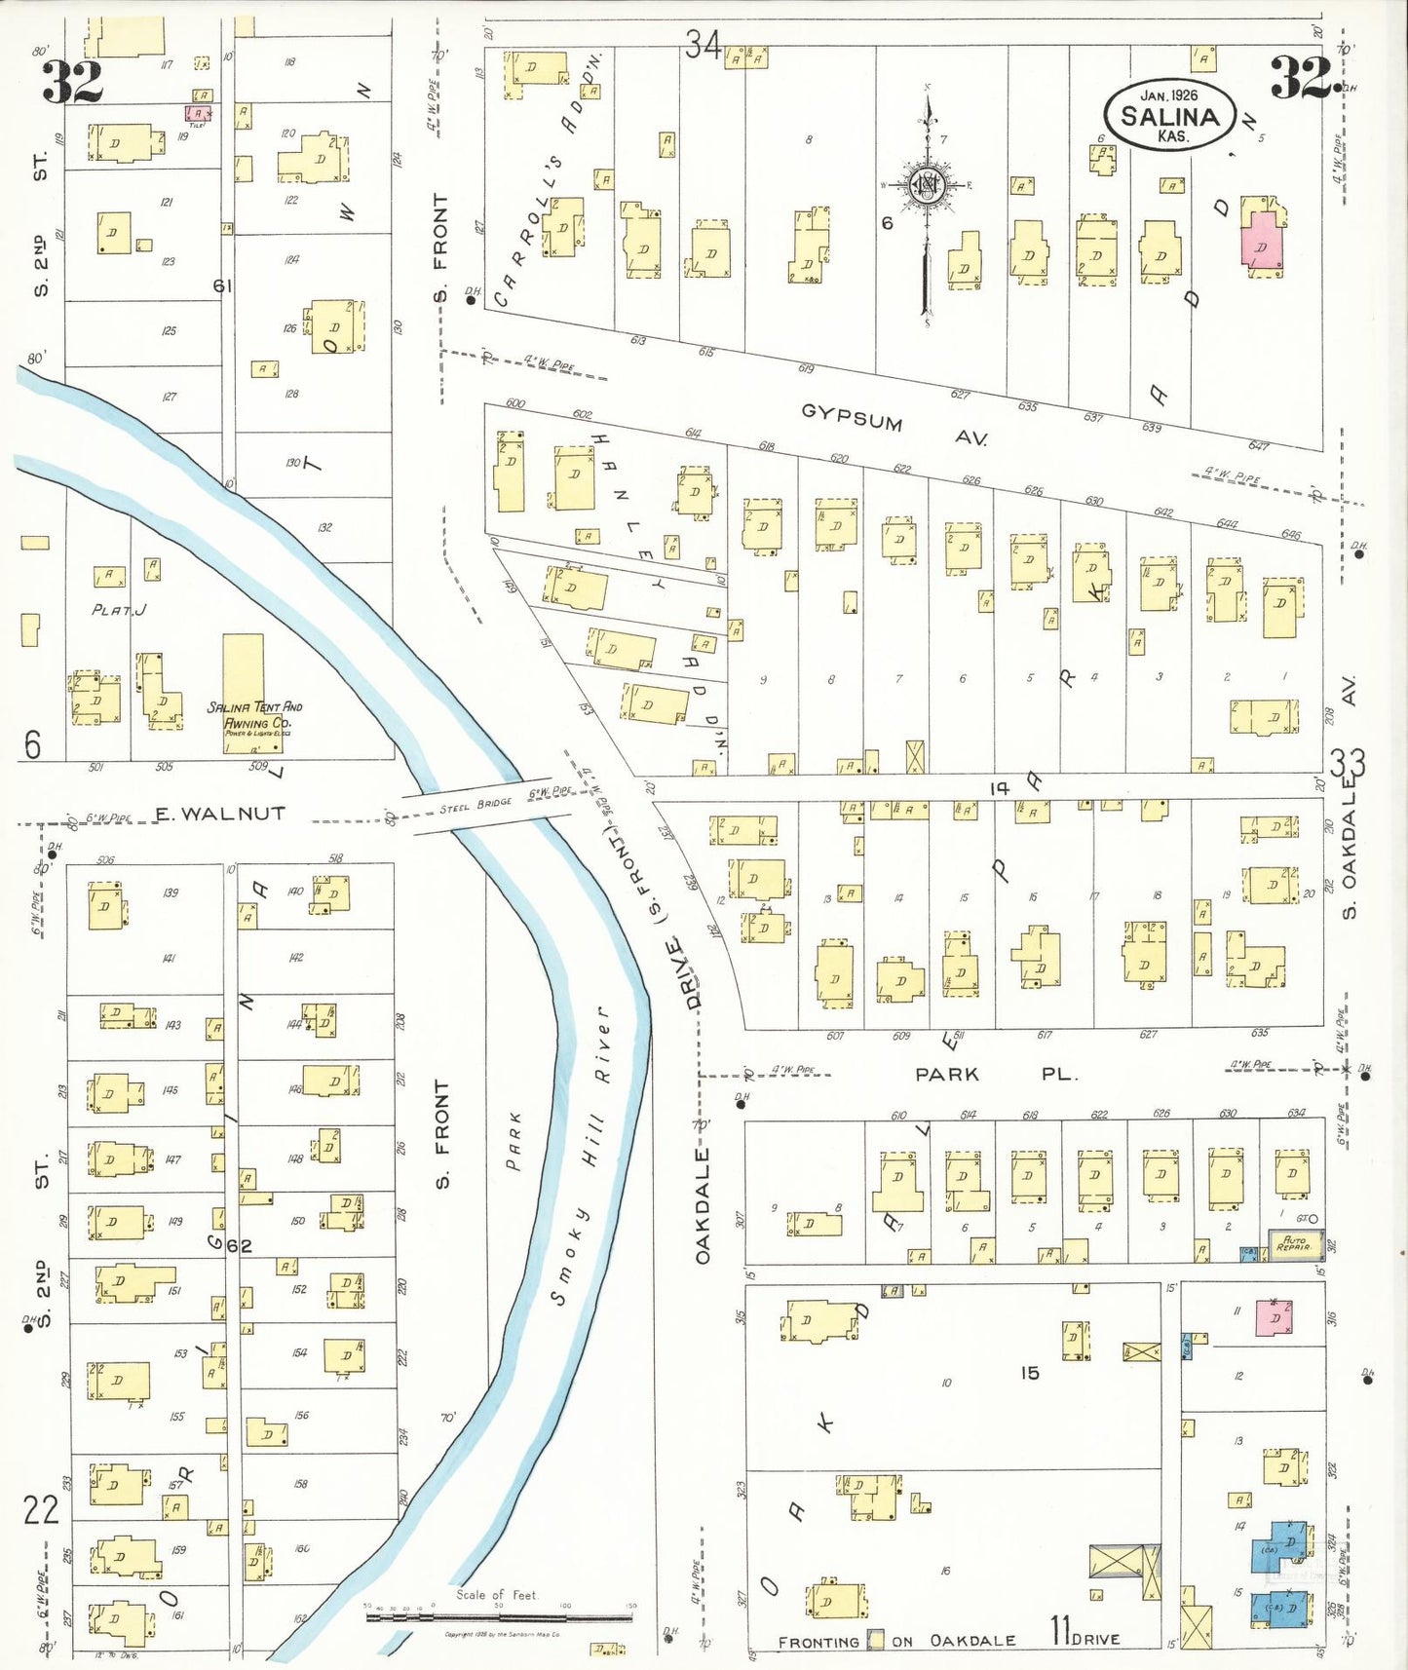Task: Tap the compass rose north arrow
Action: click(927, 185)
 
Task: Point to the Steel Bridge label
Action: click(476, 807)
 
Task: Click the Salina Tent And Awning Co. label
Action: click(254, 715)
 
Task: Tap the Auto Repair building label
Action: click(1295, 1244)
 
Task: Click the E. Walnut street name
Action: click(220, 814)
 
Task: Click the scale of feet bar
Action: click(499, 1617)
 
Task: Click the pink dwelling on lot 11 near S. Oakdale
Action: click(1273, 1317)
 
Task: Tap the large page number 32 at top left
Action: click(72, 82)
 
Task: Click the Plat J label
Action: click(119, 610)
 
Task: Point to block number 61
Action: click(223, 285)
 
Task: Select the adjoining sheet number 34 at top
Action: click(702, 44)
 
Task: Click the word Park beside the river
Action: click(514, 1140)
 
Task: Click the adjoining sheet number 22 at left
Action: click(42, 1510)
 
